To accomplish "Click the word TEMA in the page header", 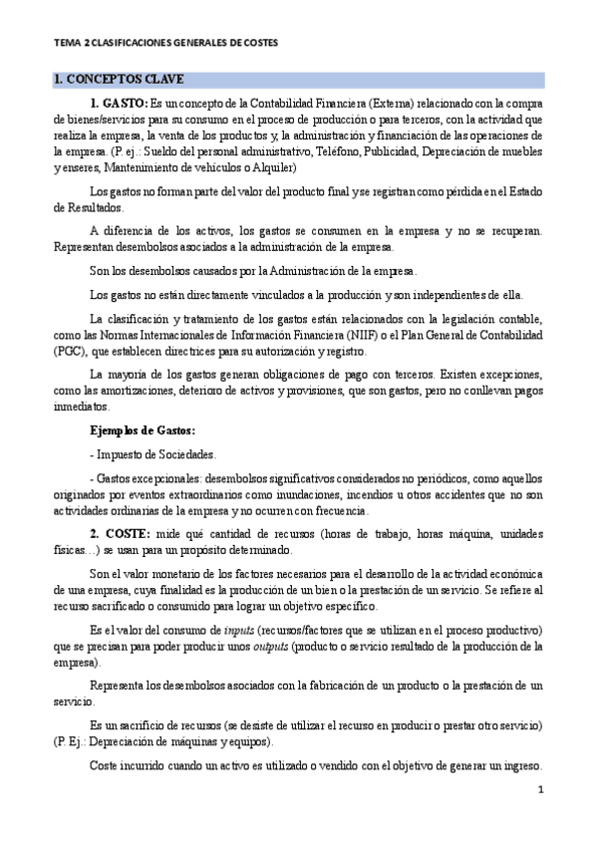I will (67, 44).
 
